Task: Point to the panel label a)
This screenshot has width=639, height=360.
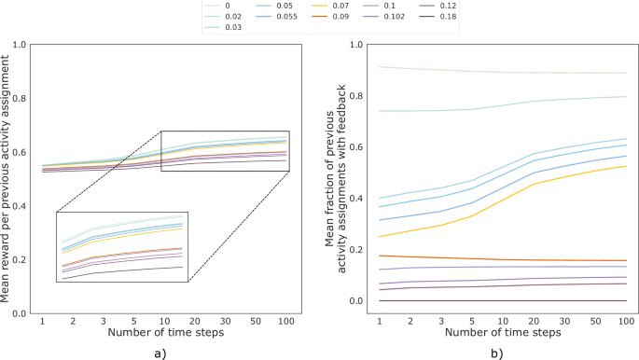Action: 160,353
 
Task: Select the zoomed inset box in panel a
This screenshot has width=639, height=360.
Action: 122,247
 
